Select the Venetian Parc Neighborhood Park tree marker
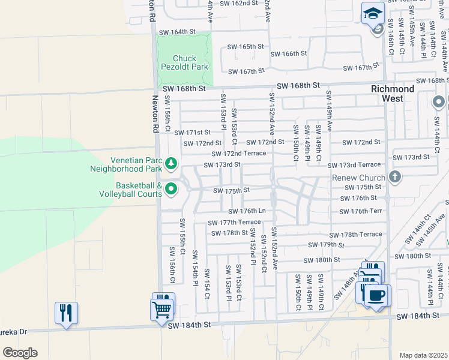[x=171, y=163]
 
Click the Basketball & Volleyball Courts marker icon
[x=171, y=190]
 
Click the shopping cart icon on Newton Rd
[x=162, y=311]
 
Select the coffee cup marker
[x=376, y=295]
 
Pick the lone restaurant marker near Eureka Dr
[x=66, y=313]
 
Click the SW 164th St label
[x=176, y=31]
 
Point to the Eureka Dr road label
[x=13, y=331]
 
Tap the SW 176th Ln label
[x=247, y=211]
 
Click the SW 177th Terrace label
[x=235, y=223]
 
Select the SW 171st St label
[x=193, y=132]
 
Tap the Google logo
[x=19, y=353]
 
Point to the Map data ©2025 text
[x=423, y=355]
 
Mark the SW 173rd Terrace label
[x=354, y=164]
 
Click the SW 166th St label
[x=288, y=53]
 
